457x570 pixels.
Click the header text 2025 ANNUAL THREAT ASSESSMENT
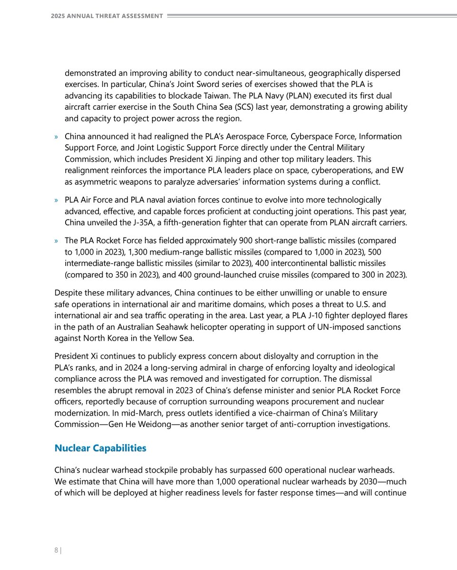pyautogui.click(x=107, y=16)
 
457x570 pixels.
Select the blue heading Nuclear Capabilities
pyautogui.click(x=100, y=448)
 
